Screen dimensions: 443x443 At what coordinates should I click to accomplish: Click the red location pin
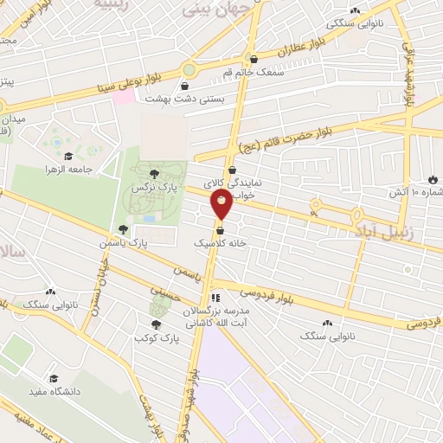(x=222, y=205)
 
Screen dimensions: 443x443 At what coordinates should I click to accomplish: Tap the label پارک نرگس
(x=148, y=187)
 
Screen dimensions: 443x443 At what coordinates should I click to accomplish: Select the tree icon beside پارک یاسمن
(x=124, y=230)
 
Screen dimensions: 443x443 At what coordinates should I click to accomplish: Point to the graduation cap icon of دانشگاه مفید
(x=55, y=379)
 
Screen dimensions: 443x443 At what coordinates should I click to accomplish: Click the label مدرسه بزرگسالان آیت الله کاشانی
(x=214, y=315)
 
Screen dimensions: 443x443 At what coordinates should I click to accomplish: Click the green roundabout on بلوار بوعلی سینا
(x=189, y=69)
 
